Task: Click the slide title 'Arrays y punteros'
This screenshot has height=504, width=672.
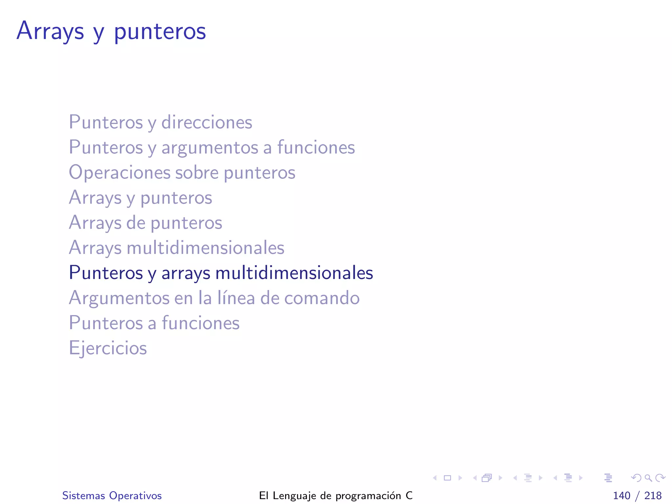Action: point(111,31)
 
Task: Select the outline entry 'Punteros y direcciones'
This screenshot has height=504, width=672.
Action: point(160,122)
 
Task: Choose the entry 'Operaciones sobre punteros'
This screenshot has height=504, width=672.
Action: point(182,172)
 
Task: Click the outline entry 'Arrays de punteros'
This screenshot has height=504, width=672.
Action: point(145,222)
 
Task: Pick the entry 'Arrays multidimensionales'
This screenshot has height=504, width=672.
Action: point(177,247)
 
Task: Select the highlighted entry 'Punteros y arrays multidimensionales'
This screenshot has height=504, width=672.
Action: point(221,273)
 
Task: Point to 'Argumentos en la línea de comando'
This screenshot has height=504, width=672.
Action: point(214,298)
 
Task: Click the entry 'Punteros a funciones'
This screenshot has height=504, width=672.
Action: point(154,323)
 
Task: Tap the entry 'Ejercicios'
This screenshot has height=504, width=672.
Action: point(108,348)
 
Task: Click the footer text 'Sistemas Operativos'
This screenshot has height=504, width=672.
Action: point(112,495)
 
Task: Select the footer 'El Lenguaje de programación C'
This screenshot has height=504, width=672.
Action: point(336,495)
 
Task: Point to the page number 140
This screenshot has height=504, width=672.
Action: point(621,495)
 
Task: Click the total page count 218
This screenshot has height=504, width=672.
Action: point(653,495)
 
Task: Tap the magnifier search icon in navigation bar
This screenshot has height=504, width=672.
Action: point(648,478)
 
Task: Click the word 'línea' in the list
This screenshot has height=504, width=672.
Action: point(236,298)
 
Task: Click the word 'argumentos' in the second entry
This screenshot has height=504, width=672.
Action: point(209,147)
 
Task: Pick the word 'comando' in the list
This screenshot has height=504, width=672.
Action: point(322,298)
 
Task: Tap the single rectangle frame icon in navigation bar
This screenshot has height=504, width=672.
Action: point(447,478)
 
